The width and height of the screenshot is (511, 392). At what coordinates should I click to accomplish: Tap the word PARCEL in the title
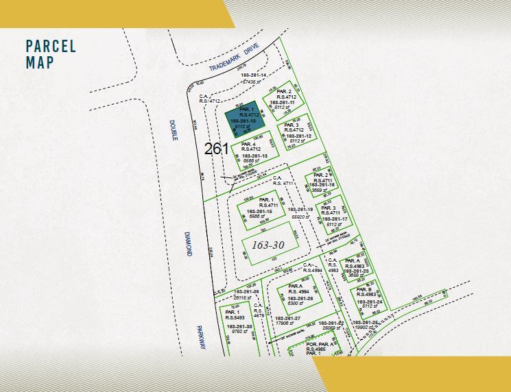[51, 47]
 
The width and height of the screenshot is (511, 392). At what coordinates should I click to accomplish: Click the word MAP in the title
[39, 62]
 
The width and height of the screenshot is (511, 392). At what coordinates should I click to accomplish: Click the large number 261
[216, 147]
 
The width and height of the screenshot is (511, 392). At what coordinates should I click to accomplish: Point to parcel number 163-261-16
[321, 185]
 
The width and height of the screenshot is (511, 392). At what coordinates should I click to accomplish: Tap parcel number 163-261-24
[368, 302]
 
